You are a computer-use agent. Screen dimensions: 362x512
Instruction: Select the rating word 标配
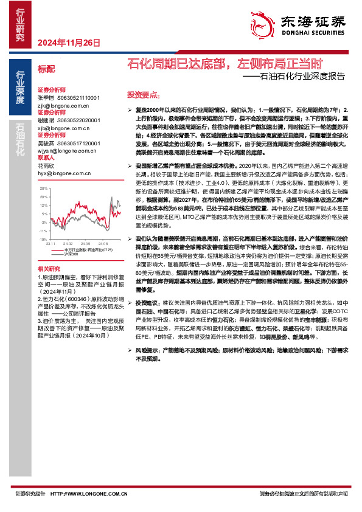[46, 70]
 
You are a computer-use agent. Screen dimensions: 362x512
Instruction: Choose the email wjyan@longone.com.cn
[64, 150]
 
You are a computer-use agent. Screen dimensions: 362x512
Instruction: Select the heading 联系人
[46, 156]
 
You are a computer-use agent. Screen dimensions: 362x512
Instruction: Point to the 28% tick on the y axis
[44, 189]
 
